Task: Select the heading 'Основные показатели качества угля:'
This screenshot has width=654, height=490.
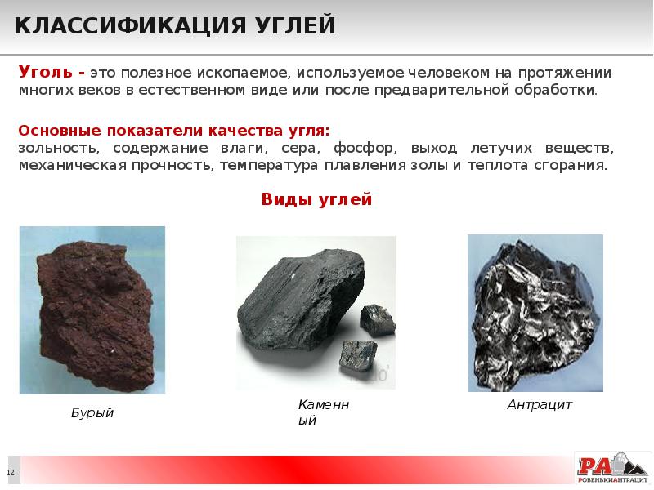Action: click(173, 131)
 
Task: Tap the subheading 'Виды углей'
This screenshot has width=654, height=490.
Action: click(316, 199)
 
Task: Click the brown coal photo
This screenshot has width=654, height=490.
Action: click(92, 310)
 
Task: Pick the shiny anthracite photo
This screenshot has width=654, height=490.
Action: click(535, 313)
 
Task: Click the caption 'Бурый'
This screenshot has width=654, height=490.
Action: click(92, 413)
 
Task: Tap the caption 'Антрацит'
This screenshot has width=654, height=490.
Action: click(540, 404)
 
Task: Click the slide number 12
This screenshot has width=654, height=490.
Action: click(11, 474)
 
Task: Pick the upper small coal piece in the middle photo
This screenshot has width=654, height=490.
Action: click(377, 319)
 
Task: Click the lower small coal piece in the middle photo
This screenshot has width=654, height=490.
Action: click(358, 355)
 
